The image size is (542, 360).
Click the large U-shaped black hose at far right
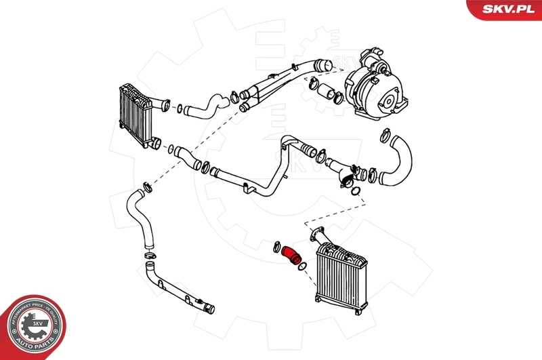[398, 163]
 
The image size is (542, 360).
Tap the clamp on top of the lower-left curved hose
[144, 186]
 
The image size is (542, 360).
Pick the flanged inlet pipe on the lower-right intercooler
[318, 238]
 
